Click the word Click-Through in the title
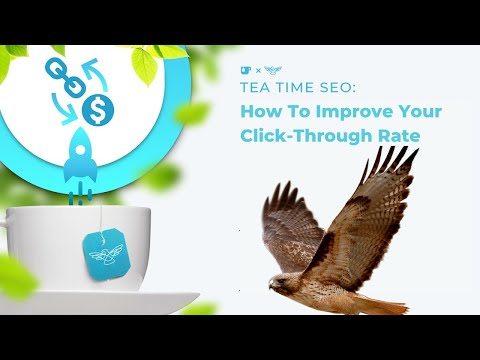coord(294,134)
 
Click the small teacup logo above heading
coord(245,70)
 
